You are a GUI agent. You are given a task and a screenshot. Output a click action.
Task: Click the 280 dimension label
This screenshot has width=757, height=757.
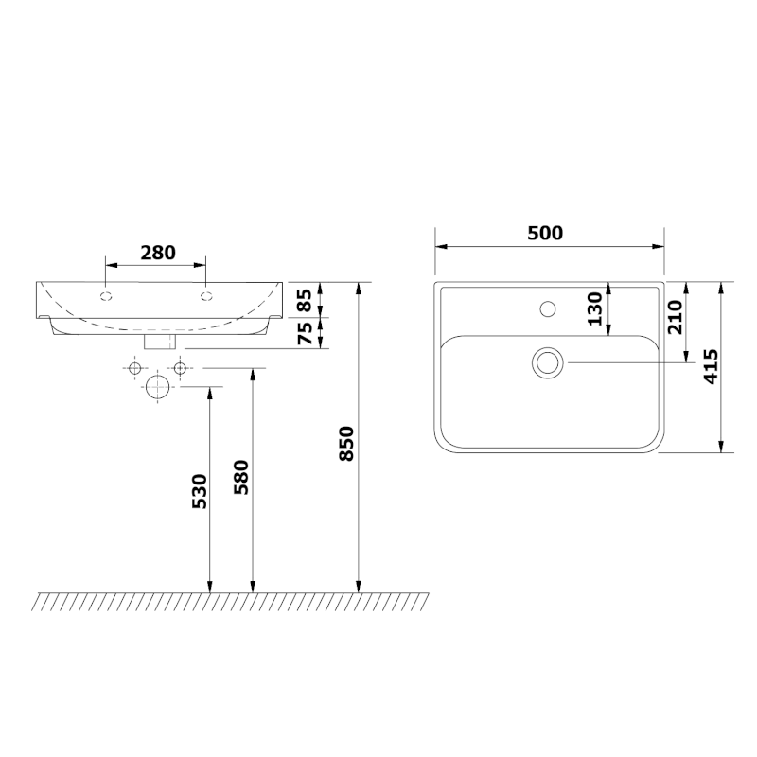click(158, 253)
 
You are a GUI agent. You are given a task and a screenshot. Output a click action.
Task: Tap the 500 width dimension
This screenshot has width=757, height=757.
click(545, 233)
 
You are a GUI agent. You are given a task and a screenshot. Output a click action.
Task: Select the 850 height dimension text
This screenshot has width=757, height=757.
click(346, 443)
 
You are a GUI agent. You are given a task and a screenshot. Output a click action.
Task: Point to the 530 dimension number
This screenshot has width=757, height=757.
click(200, 491)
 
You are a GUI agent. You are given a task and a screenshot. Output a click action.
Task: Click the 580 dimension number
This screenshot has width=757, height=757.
click(241, 477)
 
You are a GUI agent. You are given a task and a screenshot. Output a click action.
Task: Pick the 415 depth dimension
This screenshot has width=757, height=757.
click(711, 367)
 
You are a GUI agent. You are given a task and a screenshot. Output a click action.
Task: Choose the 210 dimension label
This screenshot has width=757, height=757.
click(675, 317)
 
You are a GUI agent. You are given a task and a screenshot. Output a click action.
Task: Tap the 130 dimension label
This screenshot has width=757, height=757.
click(595, 309)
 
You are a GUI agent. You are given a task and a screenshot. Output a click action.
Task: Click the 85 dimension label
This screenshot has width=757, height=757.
click(305, 300)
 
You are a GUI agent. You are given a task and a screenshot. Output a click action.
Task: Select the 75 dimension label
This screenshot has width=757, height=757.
click(305, 333)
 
